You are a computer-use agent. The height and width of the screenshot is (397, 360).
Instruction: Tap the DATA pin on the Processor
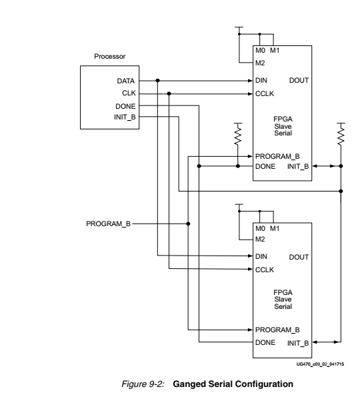126,81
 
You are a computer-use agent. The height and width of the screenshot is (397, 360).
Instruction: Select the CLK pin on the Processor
129,93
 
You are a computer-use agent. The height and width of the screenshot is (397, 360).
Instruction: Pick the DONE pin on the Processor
125,106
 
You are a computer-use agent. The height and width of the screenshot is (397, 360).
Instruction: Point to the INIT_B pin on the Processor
125,117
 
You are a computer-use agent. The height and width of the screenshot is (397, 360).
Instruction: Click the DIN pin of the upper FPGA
261,81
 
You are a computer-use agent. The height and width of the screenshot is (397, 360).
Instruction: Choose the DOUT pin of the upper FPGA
299,81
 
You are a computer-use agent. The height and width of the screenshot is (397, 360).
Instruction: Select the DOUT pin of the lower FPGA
299,257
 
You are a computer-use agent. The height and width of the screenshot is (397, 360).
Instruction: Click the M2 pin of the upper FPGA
260,64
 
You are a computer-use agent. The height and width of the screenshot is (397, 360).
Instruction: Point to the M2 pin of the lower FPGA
260,240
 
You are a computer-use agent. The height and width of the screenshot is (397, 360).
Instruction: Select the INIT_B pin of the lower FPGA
297,343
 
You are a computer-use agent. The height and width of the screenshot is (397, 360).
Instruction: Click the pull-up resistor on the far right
341,135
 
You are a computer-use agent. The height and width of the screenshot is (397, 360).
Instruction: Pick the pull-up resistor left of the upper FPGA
238,135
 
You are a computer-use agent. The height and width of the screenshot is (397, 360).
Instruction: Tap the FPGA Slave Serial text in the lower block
282,299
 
